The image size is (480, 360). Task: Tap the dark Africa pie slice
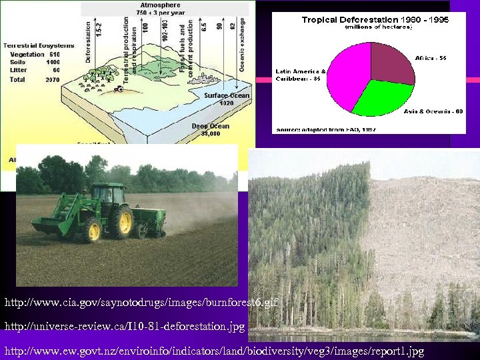(391, 63)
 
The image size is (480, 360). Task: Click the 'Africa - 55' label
(431, 58)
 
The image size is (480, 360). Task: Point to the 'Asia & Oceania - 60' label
(433, 111)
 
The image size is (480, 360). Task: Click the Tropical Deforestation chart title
(375, 20)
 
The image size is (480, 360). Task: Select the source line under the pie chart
(325, 129)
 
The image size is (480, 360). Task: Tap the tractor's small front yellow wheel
(91, 230)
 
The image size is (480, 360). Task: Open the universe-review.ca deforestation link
(125, 327)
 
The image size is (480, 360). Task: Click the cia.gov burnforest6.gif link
(141, 303)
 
